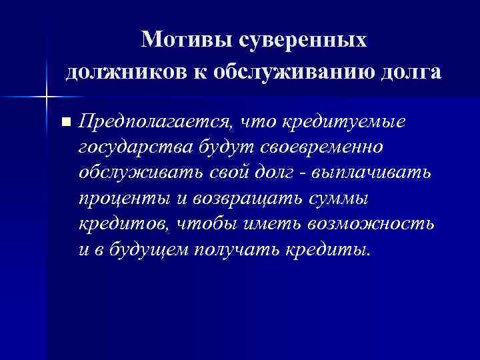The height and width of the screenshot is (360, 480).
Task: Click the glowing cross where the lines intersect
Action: pos(47,97)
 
